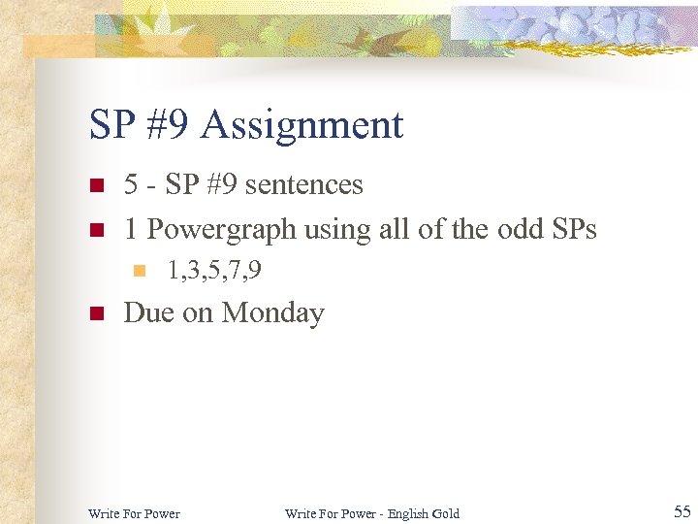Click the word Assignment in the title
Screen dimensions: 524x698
click(302, 126)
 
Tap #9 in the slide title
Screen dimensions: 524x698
click(167, 125)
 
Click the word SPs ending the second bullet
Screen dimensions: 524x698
click(572, 229)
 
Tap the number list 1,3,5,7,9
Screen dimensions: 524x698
click(213, 271)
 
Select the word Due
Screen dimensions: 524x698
click(147, 312)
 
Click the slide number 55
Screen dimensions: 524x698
click(682, 511)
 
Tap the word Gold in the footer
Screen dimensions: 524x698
click(446, 513)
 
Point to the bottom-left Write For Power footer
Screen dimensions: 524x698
click(134, 513)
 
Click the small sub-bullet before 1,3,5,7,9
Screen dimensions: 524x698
click(139, 272)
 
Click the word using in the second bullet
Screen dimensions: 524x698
click(330, 229)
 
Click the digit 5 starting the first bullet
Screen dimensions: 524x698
click(131, 184)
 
